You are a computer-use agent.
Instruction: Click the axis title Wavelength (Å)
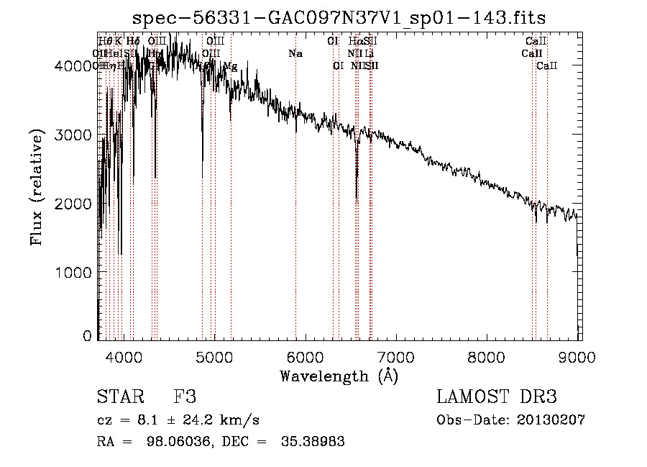coord(339,376)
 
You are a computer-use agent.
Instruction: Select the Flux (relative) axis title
coord(37,187)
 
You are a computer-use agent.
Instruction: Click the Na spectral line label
coord(295,54)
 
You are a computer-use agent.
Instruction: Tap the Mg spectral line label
coord(230,66)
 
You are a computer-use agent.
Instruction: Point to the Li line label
coord(370,54)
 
